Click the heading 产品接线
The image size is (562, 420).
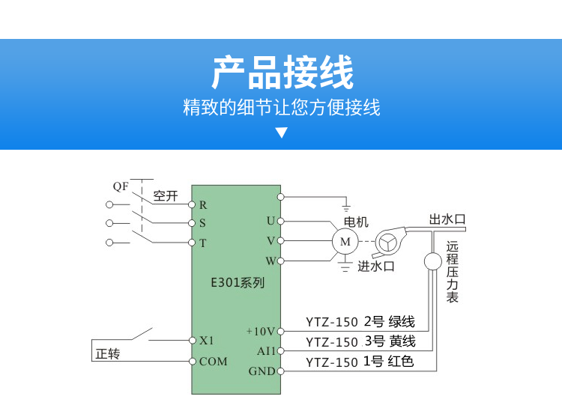[x=281, y=73]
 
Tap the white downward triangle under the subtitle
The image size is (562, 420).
[x=281, y=133]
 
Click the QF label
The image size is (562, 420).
[x=121, y=185]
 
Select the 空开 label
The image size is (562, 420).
[x=166, y=197]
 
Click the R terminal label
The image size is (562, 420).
[x=203, y=204]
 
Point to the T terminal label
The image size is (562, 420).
[x=203, y=243]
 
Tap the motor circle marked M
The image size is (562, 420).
[x=345, y=241]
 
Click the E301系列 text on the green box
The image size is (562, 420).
[x=237, y=284]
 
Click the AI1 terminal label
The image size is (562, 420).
[x=266, y=350]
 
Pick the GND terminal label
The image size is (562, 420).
[x=262, y=371]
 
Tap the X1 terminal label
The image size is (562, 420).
[x=207, y=340]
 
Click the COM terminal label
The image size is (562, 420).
[x=213, y=362]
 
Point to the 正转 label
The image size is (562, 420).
[x=108, y=354]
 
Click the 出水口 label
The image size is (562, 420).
[x=447, y=219]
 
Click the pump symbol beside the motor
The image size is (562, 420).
[x=389, y=240]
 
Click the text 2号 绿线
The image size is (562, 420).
[x=389, y=323]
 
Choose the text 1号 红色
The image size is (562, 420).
[x=388, y=362]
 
